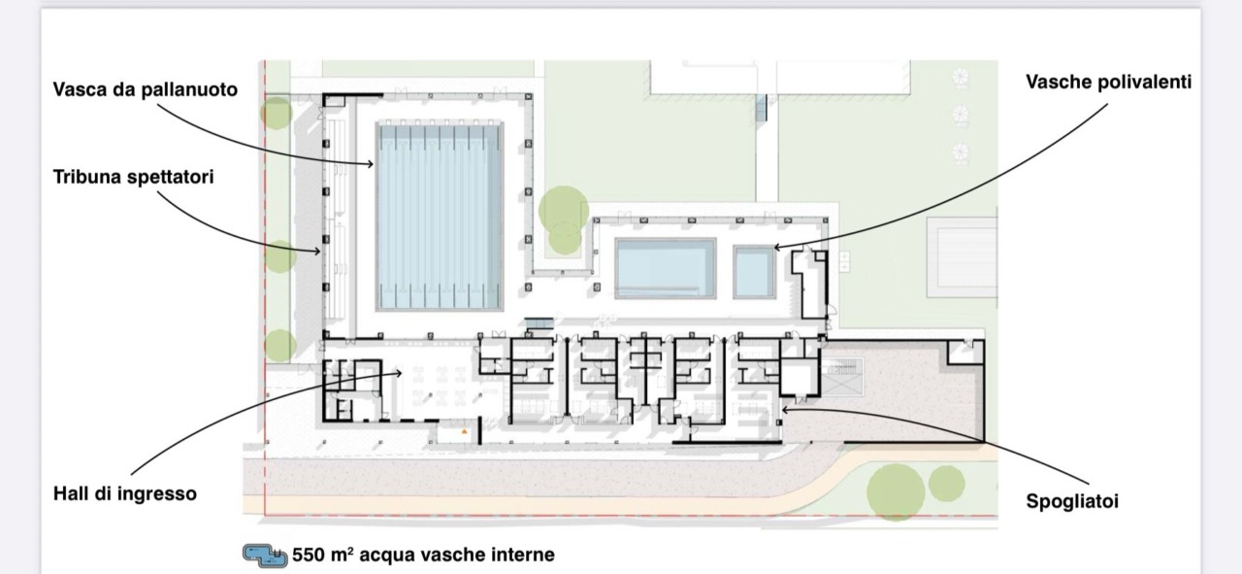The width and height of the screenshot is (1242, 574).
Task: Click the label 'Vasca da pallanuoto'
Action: [x=146, y=89]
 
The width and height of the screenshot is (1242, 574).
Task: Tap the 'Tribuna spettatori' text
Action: [x=134, y=177]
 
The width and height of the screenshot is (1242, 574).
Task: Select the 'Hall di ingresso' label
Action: [x=125, y=493]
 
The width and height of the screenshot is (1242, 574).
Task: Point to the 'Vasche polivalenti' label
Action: [x=1108, y=83]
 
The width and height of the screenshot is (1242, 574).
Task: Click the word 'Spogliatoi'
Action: [x=1072, y=501]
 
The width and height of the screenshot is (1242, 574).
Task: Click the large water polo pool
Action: [x=440, y=216]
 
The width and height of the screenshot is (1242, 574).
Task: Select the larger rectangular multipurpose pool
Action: [x=666, y=269]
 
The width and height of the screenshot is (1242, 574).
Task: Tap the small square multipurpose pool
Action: [x=754, y=272]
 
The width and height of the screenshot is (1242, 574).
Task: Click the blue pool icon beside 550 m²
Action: [x=265, y=556]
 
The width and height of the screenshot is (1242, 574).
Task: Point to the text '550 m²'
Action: [x=323, y=555]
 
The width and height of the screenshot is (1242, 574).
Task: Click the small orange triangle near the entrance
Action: [x=464, y=431]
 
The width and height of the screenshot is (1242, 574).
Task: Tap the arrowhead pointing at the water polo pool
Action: [x=370, y=164]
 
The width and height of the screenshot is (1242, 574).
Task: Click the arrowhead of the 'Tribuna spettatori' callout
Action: [x=317, y=252]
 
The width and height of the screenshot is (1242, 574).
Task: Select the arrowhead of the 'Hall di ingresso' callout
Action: [x=398, y=373]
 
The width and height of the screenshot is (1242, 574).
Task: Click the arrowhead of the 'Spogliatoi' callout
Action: [x=785, y=410]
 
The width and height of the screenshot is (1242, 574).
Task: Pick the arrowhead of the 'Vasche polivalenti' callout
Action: [x=778, y=247]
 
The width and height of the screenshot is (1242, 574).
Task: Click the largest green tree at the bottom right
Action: [x=895, y=492]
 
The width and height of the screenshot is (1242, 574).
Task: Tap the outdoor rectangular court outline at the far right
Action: [x=962, y=257]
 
